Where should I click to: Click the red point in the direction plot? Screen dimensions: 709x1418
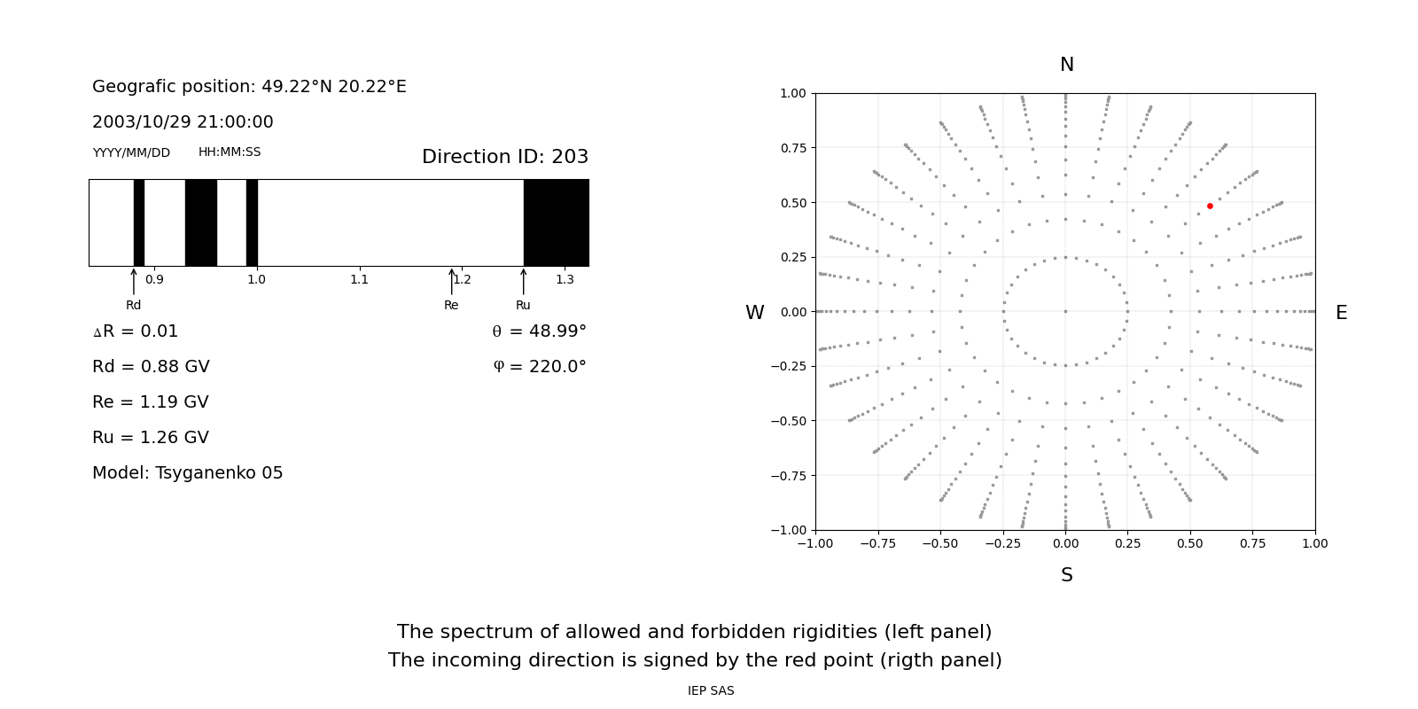pos(1210,206)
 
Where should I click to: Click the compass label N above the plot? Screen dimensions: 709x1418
pos(1067,65)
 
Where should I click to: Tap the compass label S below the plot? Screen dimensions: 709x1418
pos(1067,575)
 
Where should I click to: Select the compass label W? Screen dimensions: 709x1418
pos(754,313)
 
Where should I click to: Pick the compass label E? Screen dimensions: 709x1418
pos(1341,313)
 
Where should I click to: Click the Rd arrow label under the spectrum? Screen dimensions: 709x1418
pos(133,305)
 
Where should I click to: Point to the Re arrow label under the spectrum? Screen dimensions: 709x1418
pos(451,305)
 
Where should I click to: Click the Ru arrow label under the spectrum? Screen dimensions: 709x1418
pos(523,305)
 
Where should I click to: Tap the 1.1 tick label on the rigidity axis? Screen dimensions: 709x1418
pos(359,279)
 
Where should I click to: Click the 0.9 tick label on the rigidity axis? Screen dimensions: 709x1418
pos(154,279)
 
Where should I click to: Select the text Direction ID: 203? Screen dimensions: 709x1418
pos(505,157)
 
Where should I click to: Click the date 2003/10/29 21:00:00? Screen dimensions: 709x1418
pos(183,122)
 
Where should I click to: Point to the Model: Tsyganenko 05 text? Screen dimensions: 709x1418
pos(188,473)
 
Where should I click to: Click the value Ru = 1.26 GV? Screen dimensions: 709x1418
pos(151,438)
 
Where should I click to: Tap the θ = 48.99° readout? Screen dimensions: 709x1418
pos(539,331)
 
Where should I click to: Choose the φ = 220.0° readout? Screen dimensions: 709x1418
pos(539,367)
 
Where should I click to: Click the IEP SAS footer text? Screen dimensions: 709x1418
pos(711,690)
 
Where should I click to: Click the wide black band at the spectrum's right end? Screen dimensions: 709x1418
pos(556,222)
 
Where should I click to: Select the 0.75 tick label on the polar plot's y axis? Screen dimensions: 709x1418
pos(793,148)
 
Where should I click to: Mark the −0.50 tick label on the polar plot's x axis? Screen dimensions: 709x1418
pos(940,543)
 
